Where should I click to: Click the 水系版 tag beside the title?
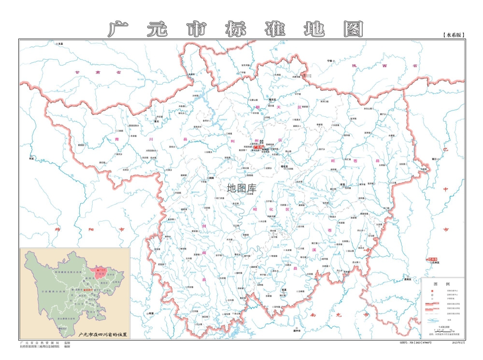(x=453, y=35)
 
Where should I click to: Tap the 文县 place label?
(x=61, y=43)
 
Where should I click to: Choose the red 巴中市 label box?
(x=433, y=259)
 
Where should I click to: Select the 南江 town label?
(x=433, y=158)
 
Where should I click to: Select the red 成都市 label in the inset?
(x=87, y=289)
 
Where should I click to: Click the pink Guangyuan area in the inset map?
(x=99, y=273)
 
